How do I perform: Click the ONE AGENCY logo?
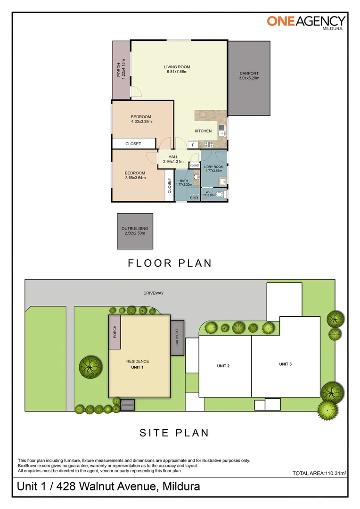pyautogui.click(x=306, y=22)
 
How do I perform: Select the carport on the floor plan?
pyautogui.click(x=249, y=78)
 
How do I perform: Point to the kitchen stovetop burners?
pyautogui.click(x=209, y=145)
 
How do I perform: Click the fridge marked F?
pyautogui.click(x=193, y=145)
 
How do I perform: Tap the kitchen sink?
pyautogui.click(x=222, y=131)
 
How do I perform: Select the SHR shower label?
pyautogui.click(x=194, y=197)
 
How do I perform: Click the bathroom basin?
pyautogui.click(x=196, y=177)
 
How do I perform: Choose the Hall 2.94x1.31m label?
pyautogui.click(x=173, y=159)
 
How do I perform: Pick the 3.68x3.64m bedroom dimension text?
pyautogui.click(x=135, y=178)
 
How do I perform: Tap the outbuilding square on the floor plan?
pyautogui.click(x=135, y=231)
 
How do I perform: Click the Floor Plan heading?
pyautogui.click(x=170, y=263)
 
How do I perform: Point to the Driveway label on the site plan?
pyautogui.click(x=154, y=293)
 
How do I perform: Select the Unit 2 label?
pyautogui.click(x=223, y=366)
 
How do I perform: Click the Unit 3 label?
pyautogui.click(x=286, y=364)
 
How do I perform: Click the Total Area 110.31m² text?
pyautogui.click(x=319, y=473)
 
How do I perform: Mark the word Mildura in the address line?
pyautogui.click(x=181, y=486)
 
